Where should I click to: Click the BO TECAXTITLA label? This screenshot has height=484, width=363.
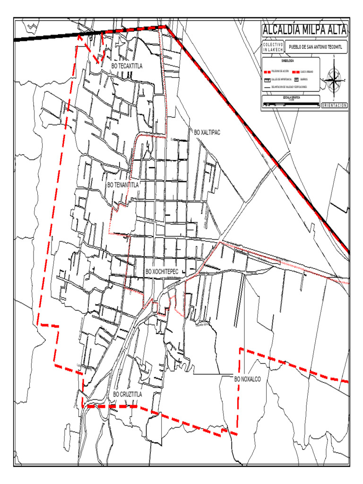[x=127, y=66]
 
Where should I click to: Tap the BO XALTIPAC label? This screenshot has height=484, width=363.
[x=207, y=132]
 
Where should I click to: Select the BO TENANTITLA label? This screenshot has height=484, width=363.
[x=123, y=185]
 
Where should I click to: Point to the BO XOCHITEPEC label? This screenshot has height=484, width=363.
[x=162, y=271]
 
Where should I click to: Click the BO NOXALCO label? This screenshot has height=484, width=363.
[x=248, y=379]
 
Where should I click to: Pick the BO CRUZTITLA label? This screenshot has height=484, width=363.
[x=128, y=394]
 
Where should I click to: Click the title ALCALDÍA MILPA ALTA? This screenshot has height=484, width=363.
[x=304, y=30]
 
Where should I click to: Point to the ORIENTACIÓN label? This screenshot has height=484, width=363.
[x=334, y=105]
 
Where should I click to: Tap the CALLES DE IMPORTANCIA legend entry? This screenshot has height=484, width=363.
[x=281, y=79]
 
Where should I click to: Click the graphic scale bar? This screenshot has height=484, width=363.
[x=291, y=104]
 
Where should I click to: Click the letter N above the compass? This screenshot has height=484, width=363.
[x=334, y=56]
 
